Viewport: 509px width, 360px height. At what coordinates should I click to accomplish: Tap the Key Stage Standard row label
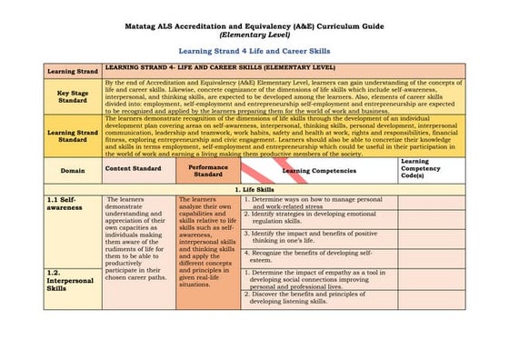pyautogui.click(x=73, y=97)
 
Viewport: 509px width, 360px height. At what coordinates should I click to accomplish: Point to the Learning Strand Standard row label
pyautogui.click(x=73, y=135)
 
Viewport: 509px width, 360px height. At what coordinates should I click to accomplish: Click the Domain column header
pyautogui.click(x=73, y=170)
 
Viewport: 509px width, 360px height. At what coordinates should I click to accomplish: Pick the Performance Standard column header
pyautogui.click(x=208, y=170)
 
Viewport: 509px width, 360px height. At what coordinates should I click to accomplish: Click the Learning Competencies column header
pyautogui.click(x=317, y=170)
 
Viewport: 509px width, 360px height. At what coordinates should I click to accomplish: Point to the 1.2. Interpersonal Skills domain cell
pyautogui.click(x=71, y=281)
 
